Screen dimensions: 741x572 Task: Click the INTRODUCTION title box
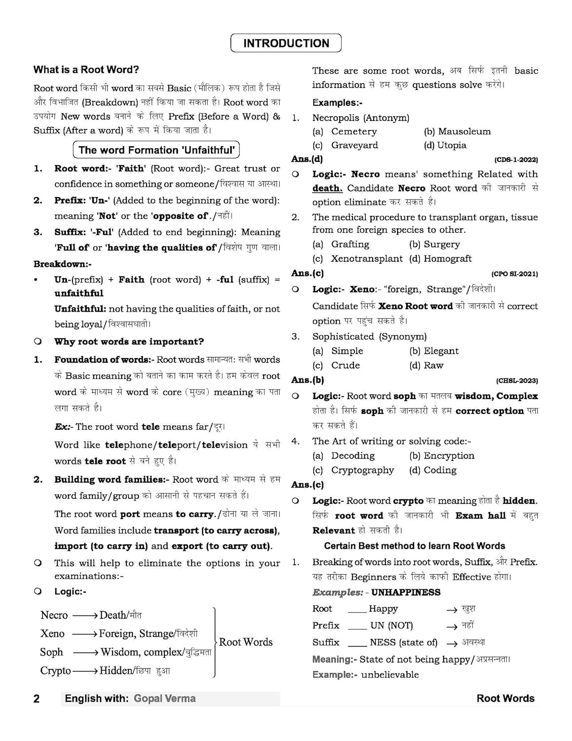click(x=286, y=43)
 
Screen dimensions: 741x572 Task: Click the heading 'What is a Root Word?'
click(x=86, y=70)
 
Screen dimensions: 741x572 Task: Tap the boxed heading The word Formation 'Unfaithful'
click(x=156, y=150)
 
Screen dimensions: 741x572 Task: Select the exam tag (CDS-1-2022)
click(x=516, y=160)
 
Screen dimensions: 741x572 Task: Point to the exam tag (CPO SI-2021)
click(x=514, y=274)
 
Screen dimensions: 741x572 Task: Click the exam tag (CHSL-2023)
click(x=517, y=380)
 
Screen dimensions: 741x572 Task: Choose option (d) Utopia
click(x=445, y=145)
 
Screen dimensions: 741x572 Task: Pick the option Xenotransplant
click(x=367, y=259)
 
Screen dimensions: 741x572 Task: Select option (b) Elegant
click(x=434, y=351)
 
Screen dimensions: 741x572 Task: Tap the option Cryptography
click(x=362, y=470)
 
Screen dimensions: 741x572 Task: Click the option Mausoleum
click(x=464, y=131)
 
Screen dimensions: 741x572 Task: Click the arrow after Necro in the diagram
click(x=85, y=616)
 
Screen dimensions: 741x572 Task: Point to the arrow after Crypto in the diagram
click(x=85, y=671)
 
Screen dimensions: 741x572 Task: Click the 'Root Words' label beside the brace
click(x=245, y=642)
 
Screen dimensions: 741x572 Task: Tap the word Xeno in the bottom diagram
click(x=52, y=634)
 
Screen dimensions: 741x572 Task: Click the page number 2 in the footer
click(x=37, y=699)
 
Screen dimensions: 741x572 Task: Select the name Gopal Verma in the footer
click(x=164, y=699)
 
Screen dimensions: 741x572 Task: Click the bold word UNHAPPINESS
click(x=406, y=592)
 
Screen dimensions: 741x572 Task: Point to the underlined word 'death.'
click(x=327, y=188)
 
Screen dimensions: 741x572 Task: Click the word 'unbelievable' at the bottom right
click(x=389, y=675)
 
